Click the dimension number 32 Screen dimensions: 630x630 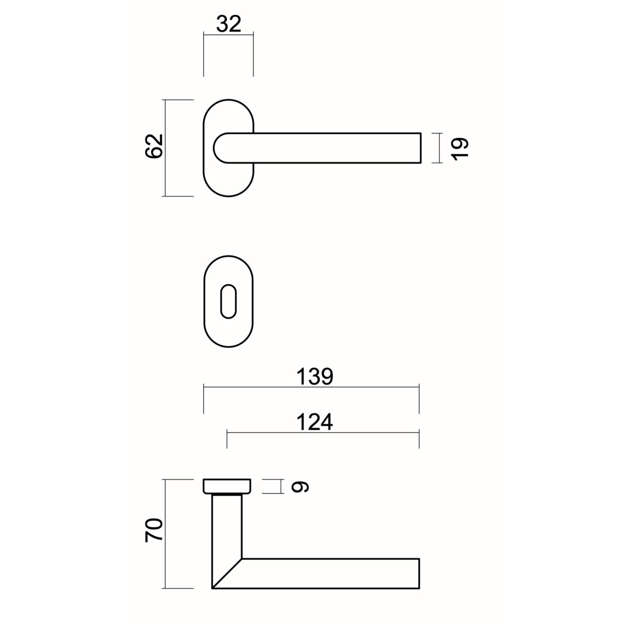229,24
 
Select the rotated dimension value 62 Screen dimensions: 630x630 153,146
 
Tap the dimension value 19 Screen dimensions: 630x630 460,148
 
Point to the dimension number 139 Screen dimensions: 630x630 314,376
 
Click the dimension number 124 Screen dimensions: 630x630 314,421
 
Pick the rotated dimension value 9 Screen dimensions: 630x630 300,487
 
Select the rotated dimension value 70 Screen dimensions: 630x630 153,530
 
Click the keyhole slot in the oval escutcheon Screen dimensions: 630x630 229,302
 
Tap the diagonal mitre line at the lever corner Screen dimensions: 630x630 227,573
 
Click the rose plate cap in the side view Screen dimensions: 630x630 227,486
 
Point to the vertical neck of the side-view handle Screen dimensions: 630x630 227,525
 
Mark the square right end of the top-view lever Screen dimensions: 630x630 419,148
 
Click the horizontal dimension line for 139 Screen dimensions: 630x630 262,387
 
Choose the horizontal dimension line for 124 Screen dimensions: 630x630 262,432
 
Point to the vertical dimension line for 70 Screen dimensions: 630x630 166,560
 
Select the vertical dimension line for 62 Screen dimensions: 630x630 166,175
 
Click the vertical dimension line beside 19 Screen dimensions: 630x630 439,148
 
